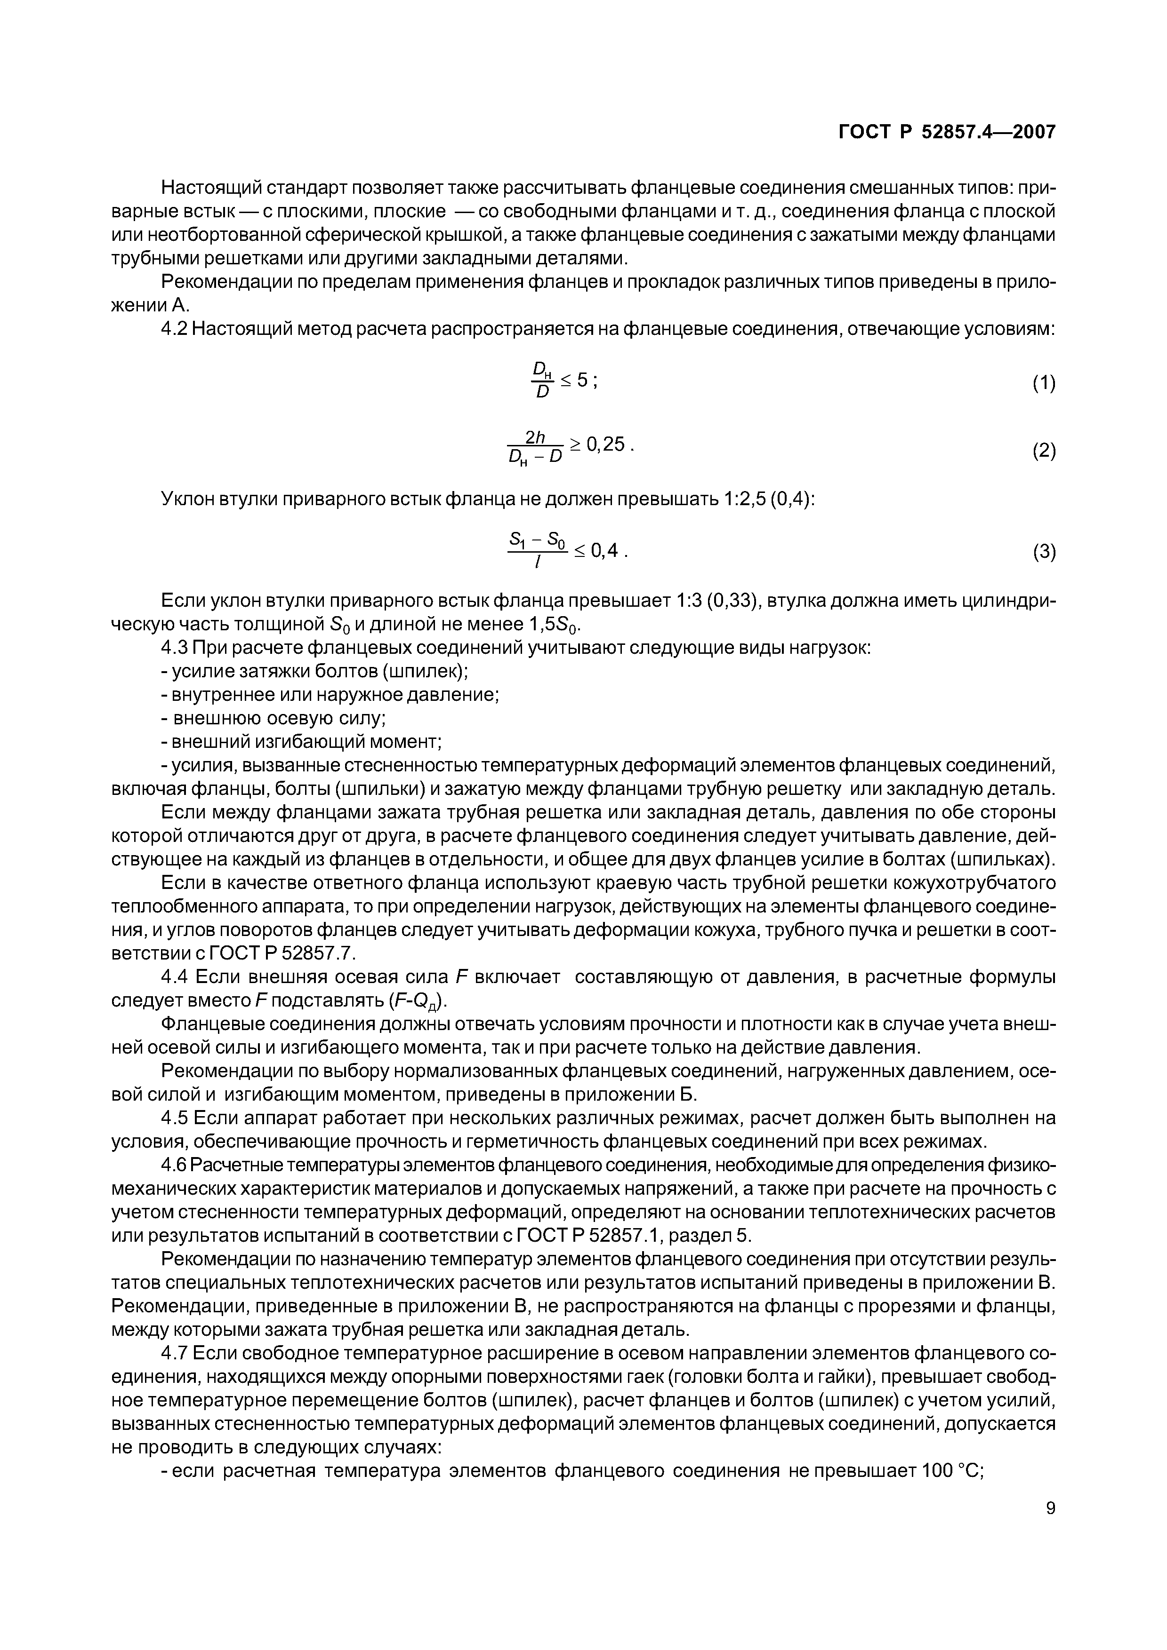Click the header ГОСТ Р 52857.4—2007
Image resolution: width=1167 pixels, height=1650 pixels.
coord(948,132)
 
